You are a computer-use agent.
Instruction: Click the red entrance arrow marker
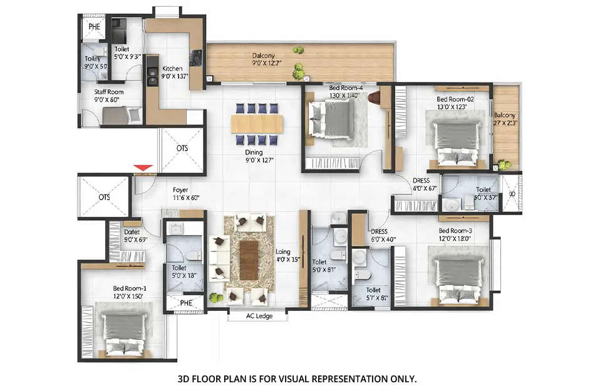(x=143, y=167)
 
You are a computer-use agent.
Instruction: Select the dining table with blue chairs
(x=257, y=124)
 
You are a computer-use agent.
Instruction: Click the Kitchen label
(x=172, y=69)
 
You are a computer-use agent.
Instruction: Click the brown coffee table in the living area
(x=249, y=260)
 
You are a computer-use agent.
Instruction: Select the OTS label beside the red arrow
(x=182, y=149)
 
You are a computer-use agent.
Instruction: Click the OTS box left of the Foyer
(x=103, y=196)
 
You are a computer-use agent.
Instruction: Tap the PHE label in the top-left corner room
(x=94, y=27)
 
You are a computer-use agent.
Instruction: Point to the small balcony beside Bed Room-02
(x=505, y=125)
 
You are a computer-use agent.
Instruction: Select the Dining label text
(x=254, y=152)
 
